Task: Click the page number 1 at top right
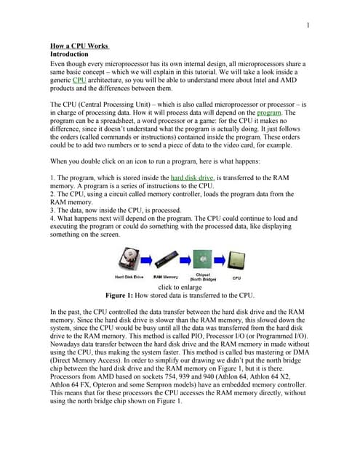[x=308, y=27]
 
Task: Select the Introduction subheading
[x=69, y=54]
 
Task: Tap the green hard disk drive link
[x=192, y=177]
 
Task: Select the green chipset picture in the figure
[x=204, y=258]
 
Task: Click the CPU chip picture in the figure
[x=236, y=258]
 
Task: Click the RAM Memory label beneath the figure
[x=166, y=276]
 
